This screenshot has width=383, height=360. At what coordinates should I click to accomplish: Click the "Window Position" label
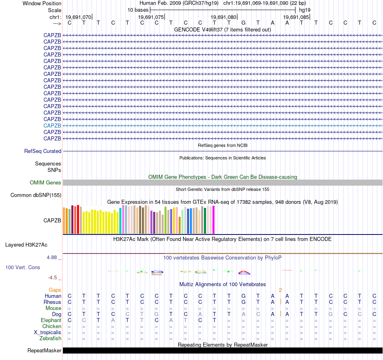[42, 3]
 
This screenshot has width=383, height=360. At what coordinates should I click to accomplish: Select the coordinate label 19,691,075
[151, 17]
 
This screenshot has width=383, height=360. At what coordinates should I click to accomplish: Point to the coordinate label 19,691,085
[296, 17]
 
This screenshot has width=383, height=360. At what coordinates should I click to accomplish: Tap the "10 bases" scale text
[138, 10]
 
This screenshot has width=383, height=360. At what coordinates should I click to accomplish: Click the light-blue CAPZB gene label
[52, 126]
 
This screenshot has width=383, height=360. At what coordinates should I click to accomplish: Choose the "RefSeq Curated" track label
[43, 151]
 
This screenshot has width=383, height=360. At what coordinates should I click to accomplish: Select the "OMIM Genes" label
[46, 183]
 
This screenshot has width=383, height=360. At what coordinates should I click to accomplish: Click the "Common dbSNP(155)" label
[35, 195]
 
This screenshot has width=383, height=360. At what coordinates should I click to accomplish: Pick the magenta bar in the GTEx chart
[213, 220]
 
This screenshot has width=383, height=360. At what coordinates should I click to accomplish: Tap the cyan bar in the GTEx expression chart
[121, 220]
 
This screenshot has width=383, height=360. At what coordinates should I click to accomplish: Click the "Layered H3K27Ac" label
[26, 245]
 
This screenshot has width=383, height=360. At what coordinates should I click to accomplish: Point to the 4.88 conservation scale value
[54, 257]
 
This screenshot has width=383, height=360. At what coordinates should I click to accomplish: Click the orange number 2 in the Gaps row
[280, 290]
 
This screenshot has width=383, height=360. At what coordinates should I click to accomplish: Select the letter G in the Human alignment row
[243, 296]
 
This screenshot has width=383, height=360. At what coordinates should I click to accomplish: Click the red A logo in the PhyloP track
[244, 272]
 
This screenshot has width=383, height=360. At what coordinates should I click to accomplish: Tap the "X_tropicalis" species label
[48, 332]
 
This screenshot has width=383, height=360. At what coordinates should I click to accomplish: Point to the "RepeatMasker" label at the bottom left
[44, 351]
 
